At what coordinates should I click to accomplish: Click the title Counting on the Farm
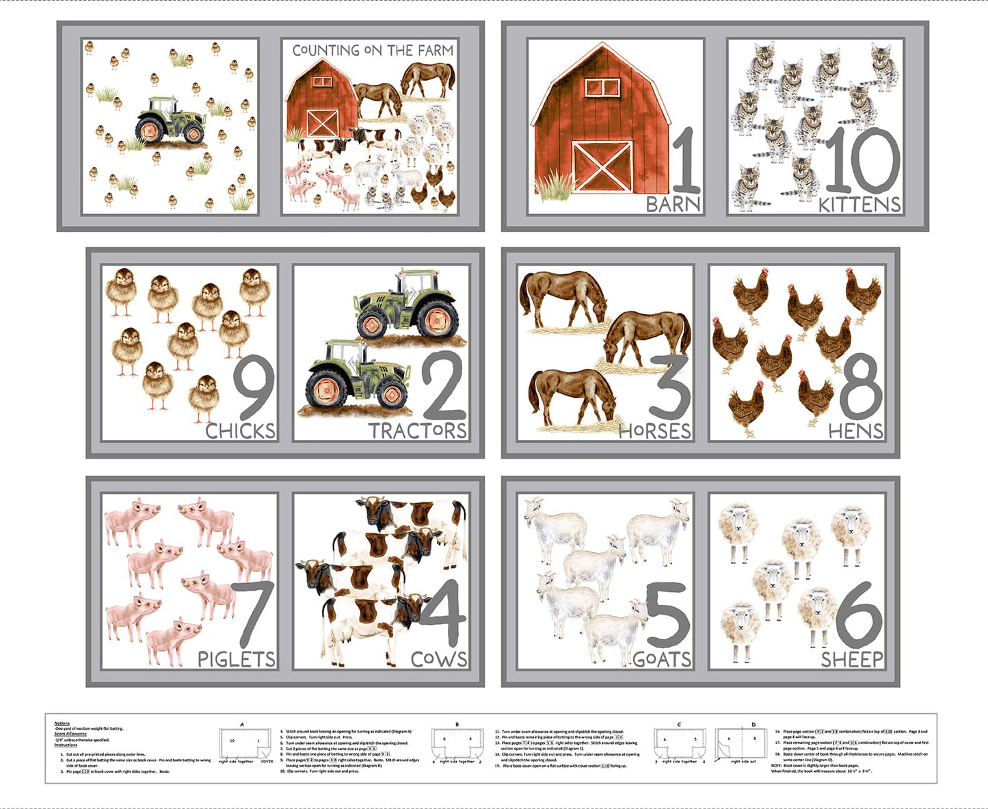coord(373,51)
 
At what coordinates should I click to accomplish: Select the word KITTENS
coord(859,204)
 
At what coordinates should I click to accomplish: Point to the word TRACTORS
coord(418,431)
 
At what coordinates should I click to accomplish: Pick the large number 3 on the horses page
coord(669,387)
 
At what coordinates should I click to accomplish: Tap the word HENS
coord(855,431)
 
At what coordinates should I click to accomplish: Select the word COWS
coord(439,659)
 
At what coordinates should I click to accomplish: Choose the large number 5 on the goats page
coord(667,616)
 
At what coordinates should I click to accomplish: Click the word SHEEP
coord(852,659)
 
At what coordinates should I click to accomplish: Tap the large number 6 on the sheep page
coord(859,615)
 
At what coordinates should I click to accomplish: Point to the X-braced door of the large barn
coord(602,167)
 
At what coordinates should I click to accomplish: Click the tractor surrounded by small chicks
coord(170,121)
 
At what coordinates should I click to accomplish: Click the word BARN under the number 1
coord(673,204)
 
